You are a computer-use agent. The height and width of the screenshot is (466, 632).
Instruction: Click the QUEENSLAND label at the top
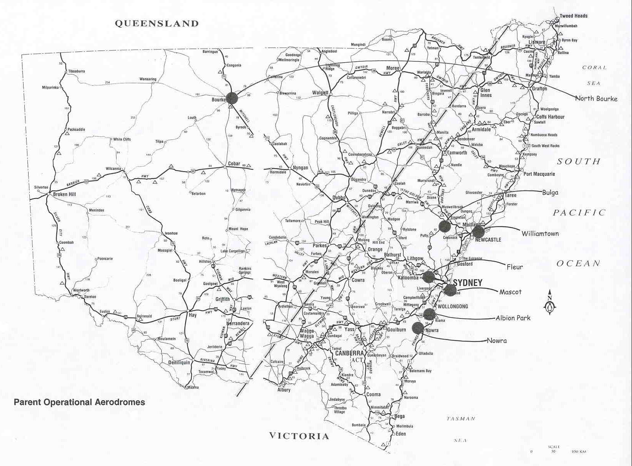click(x=157, y=24)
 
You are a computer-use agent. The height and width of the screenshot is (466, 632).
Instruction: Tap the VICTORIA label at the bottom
click(x=299, y=436)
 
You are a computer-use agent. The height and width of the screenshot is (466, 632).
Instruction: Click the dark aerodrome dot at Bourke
click(x=232, y=98)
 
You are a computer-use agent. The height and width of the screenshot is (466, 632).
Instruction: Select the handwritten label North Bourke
click(x=596, y=99)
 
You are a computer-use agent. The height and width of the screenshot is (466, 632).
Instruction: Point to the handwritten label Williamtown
click(x=540, y=233)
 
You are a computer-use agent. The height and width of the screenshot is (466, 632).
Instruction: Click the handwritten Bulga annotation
click(x=550, y=192)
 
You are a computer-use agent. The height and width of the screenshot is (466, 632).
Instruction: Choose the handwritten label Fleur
click(x=514, y=267)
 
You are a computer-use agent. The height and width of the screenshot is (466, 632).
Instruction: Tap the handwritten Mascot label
click(x=510, y=292)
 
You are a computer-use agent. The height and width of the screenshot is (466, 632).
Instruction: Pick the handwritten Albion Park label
click(x=513, y=318)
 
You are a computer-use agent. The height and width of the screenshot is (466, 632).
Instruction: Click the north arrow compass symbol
click(x=551, y=303)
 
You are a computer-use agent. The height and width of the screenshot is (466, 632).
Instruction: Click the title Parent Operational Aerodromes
click(x=79, y=402)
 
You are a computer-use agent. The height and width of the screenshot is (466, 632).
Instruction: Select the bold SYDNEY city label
click(x=467, y=283)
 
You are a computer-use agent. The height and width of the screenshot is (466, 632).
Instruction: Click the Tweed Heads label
click(x=573, y=16)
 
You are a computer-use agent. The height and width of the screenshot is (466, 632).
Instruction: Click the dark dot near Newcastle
click(x=478, y=231)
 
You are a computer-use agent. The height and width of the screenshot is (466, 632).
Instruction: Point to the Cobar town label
click(x=234, y=163)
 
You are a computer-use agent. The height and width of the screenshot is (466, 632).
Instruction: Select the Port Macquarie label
click(x=539, y=174)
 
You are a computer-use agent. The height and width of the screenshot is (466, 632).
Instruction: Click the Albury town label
click(x=284, y=389)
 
